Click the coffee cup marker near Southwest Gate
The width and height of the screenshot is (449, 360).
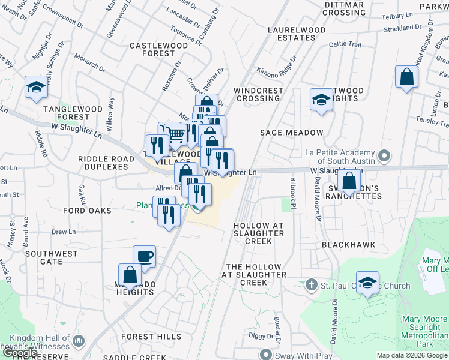click(x=144, y=257)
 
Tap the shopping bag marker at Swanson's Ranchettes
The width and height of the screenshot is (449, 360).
click(x=349, y=180)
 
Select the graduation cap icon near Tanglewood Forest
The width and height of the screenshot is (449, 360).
click(x=36, y=87)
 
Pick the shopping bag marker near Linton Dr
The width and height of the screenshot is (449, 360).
click(x=406, y=77)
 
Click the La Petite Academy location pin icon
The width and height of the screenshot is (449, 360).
click(x=384, y=157)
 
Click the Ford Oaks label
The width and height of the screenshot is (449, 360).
click(x=88, y=211)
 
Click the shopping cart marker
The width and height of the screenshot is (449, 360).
click(x=175, y=134)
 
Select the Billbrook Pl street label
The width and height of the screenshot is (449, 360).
click(x=294, y=193)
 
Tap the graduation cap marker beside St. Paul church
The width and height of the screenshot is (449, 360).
click(x=367, y=281)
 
